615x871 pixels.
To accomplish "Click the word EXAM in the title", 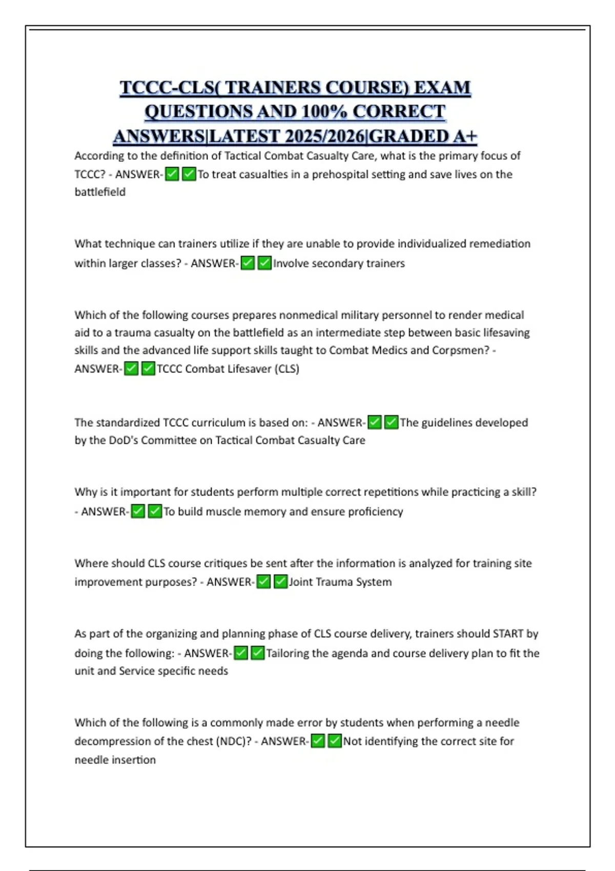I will click(x=442, y=88).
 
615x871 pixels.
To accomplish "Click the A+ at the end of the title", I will click(x=465, y=136).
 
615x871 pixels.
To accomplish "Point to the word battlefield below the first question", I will click(x=100, y=192).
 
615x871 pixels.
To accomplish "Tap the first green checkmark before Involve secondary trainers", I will click(x=248, y=263).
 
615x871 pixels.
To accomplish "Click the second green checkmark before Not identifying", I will click(x=334, y=741).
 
